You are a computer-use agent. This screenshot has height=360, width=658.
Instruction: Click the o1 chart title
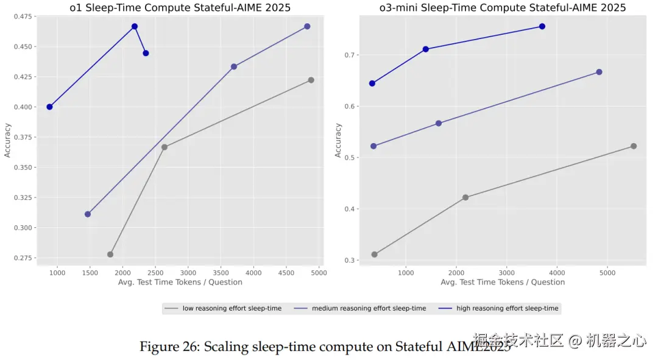[180, 8]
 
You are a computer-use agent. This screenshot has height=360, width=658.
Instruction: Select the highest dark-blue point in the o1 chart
[135, 27]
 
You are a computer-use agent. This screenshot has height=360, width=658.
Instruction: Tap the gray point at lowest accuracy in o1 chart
[110, 255]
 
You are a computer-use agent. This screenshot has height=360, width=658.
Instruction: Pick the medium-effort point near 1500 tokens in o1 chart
[88, 214]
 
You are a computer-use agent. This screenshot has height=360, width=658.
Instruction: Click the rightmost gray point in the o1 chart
[311, 80]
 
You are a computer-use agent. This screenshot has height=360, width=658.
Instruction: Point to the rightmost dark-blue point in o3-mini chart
[542, 27]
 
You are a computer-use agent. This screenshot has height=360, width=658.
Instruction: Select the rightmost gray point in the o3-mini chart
[634, 146]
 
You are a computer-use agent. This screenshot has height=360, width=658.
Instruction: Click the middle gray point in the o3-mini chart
[465, 197]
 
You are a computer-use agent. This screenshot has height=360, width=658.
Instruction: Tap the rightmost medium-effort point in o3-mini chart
[599, 72]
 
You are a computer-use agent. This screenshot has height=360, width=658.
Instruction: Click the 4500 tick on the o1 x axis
[286, 272]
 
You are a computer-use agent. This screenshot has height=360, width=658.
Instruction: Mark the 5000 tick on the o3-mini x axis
[607, 272]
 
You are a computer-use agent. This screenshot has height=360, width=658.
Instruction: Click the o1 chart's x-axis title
[180, 282]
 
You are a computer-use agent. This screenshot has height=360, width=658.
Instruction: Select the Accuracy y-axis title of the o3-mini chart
[339, 140]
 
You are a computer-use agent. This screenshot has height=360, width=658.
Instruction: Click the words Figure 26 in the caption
[168, 347]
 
